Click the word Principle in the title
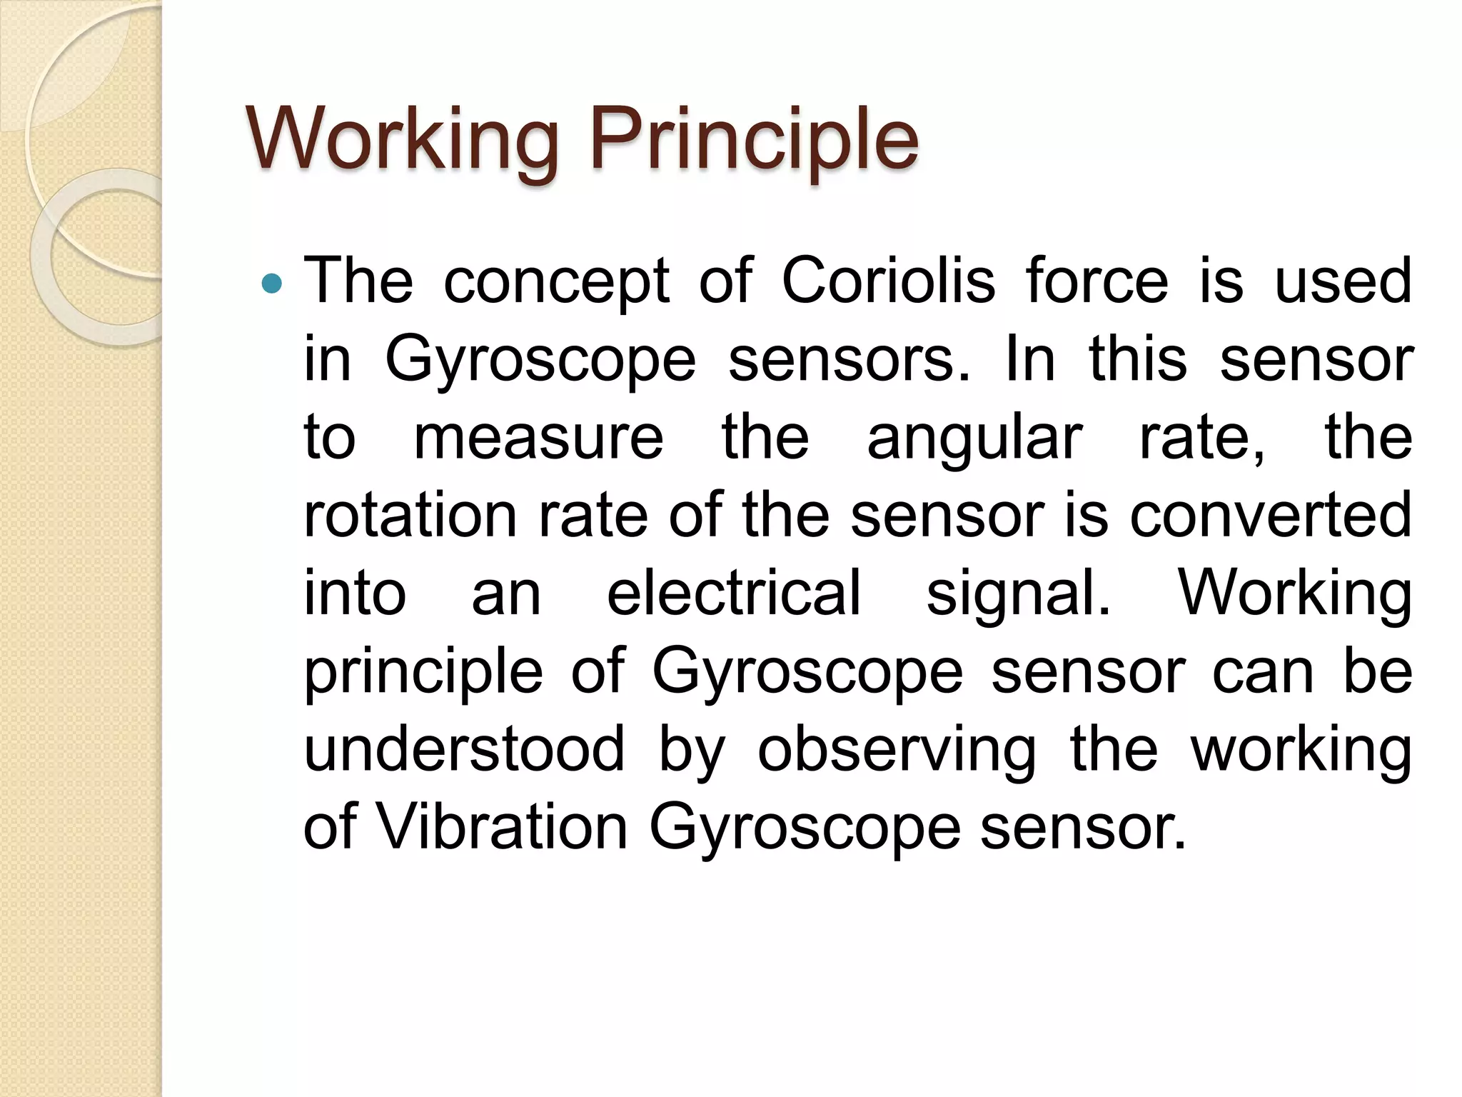coord(754,139)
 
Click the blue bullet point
coord(272,284)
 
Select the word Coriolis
coord(888,281)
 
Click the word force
coord(1097,281)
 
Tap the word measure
coord(538,438)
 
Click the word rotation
coord(410,515)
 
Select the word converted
coord(1270,515)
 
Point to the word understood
coord(464,749)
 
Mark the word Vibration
coord(502,827)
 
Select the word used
coord(1343,281)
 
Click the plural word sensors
coord(849,359)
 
